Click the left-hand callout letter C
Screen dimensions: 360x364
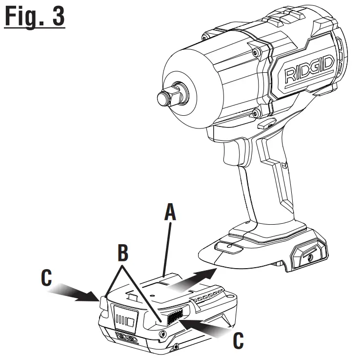tap(46, 278)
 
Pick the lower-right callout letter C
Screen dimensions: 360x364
tap(237, 341)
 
